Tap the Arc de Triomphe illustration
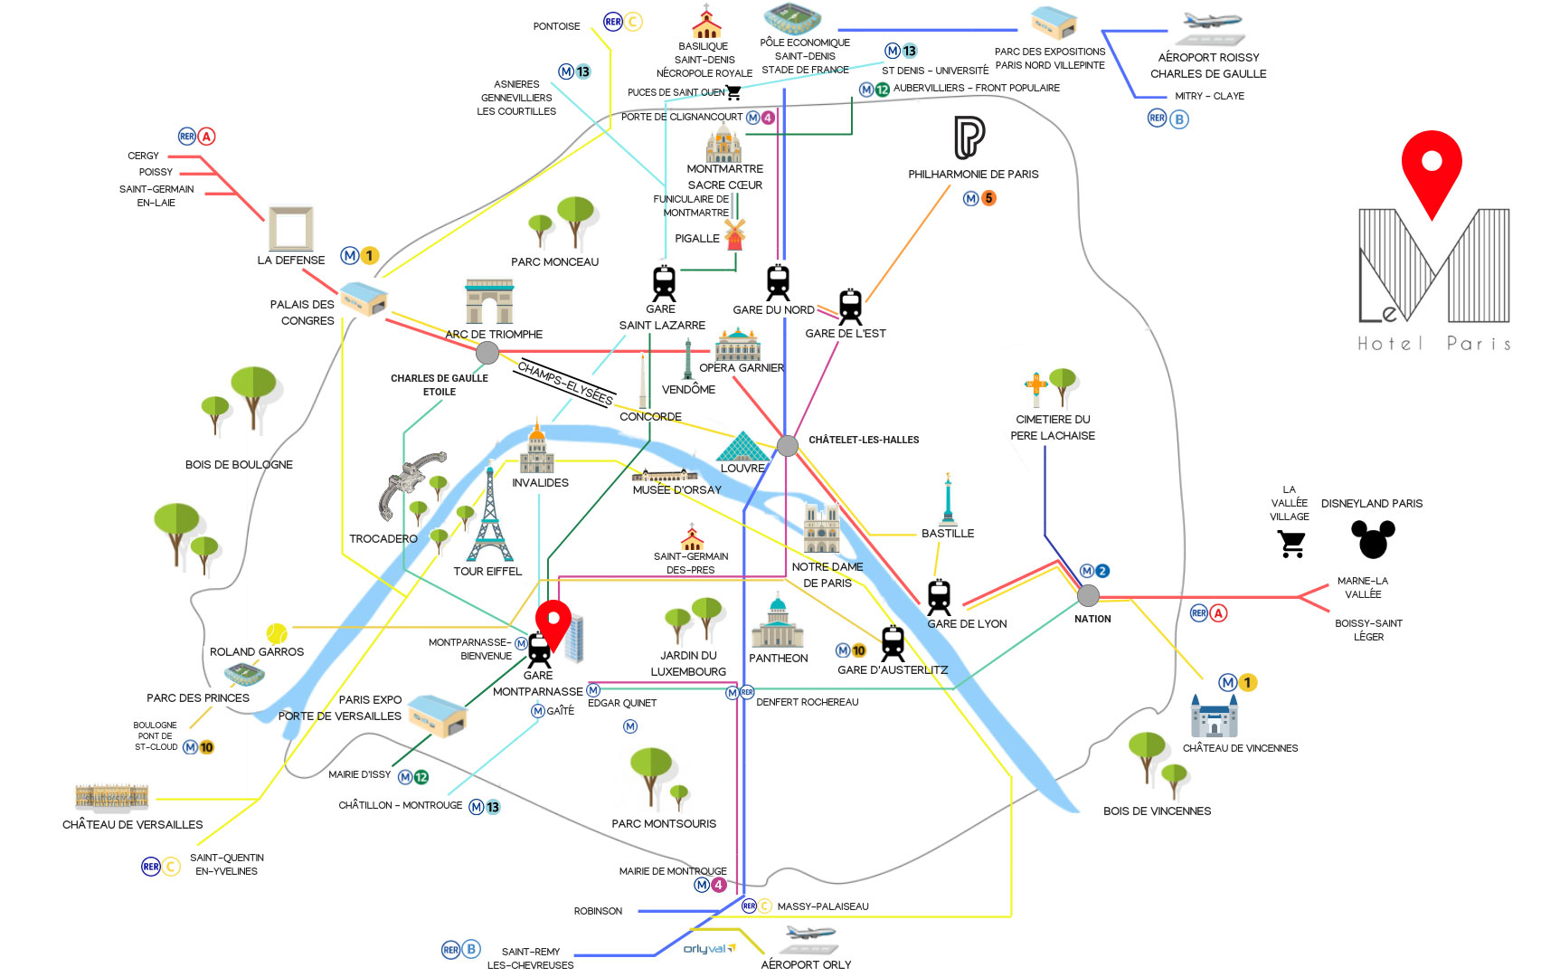coord(489,301)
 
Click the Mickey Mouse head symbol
coord(1373,539)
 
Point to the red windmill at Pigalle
coord(735,234)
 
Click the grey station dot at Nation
coord(1089,595)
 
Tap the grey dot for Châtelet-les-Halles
coord(788,445)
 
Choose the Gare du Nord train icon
coord(778,282)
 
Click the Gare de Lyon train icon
coord(939,597)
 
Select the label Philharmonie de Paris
coord(973,174)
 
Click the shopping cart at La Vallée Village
coord(1292,544)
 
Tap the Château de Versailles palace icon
coord(111,796)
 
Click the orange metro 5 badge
coord(988,198)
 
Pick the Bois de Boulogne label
coord(239,464)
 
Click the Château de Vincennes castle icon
coord(1214,716)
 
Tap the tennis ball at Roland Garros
coord(277,632)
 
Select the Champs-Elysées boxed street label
coord(565,383)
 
